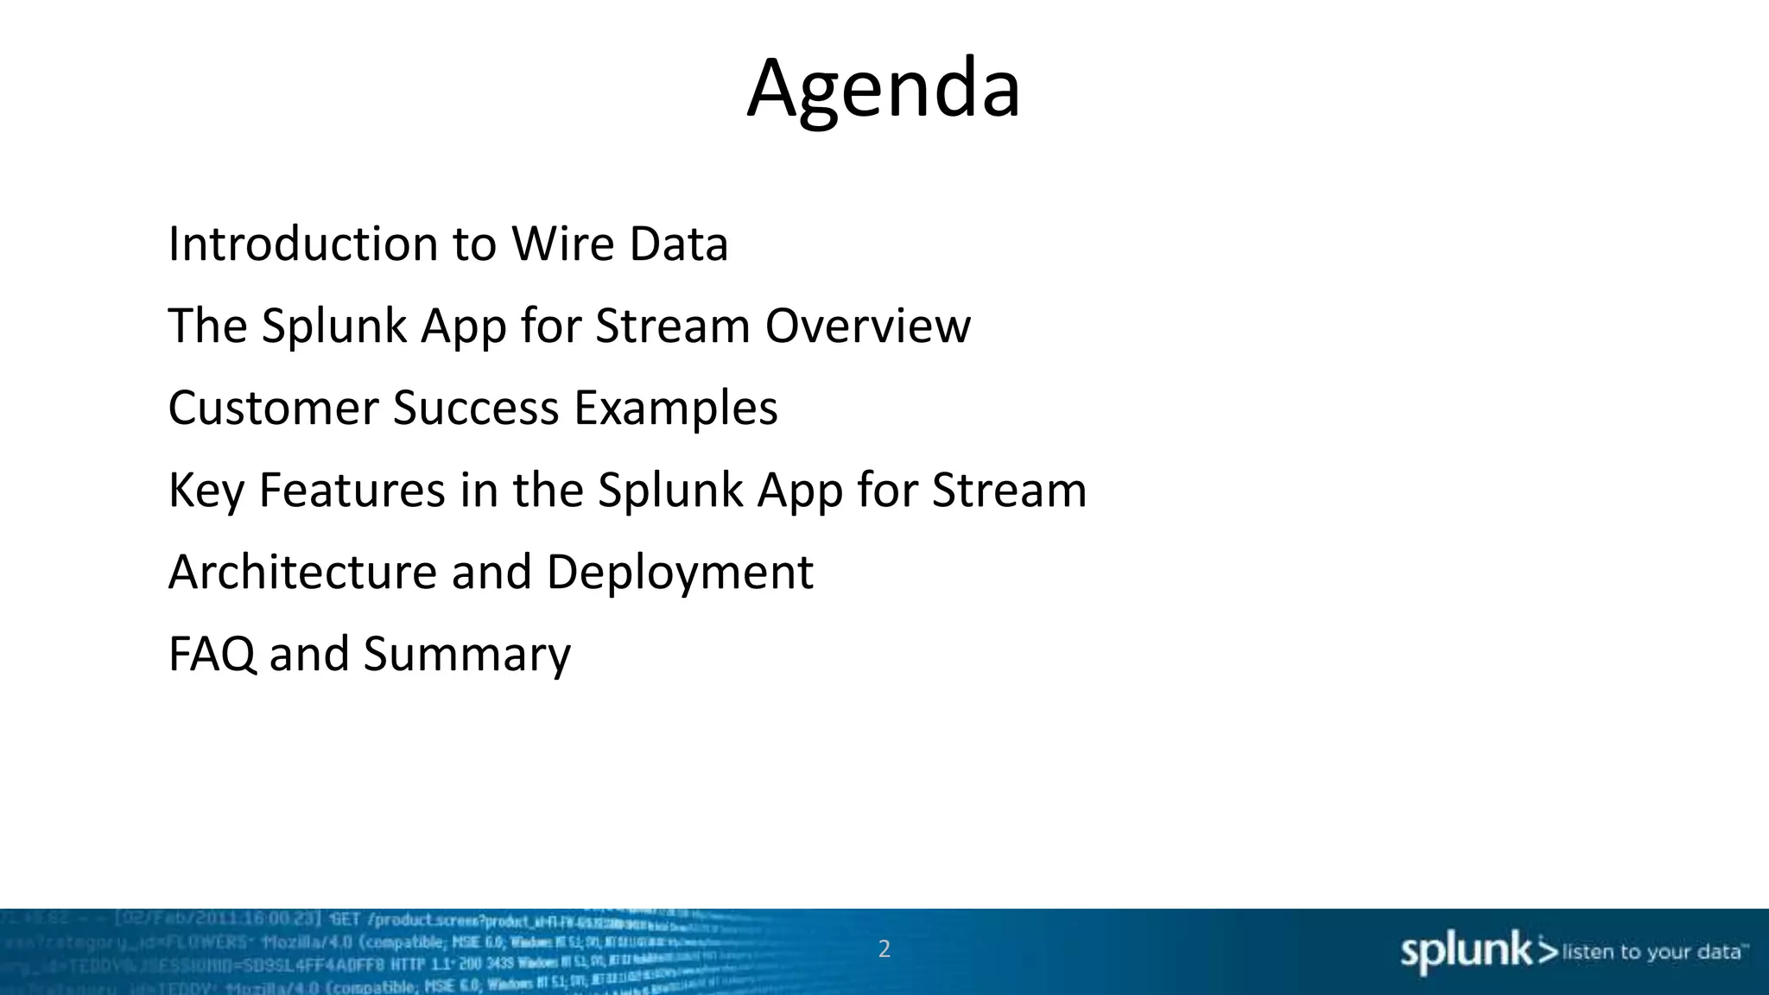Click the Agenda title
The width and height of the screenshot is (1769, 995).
click(884, 89)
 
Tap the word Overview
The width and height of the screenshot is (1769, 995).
click(867, 326)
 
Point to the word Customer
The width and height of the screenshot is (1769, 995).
click(273, 409)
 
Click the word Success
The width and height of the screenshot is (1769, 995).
click(476, 409)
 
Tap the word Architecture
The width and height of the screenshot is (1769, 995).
click(302, 573)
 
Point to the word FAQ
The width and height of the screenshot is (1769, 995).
click(212, 655)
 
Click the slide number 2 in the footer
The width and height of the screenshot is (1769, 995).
click(884, 949)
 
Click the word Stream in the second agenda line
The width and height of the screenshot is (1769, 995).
click(672, 326)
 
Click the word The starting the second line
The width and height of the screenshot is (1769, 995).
click(207, 326)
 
